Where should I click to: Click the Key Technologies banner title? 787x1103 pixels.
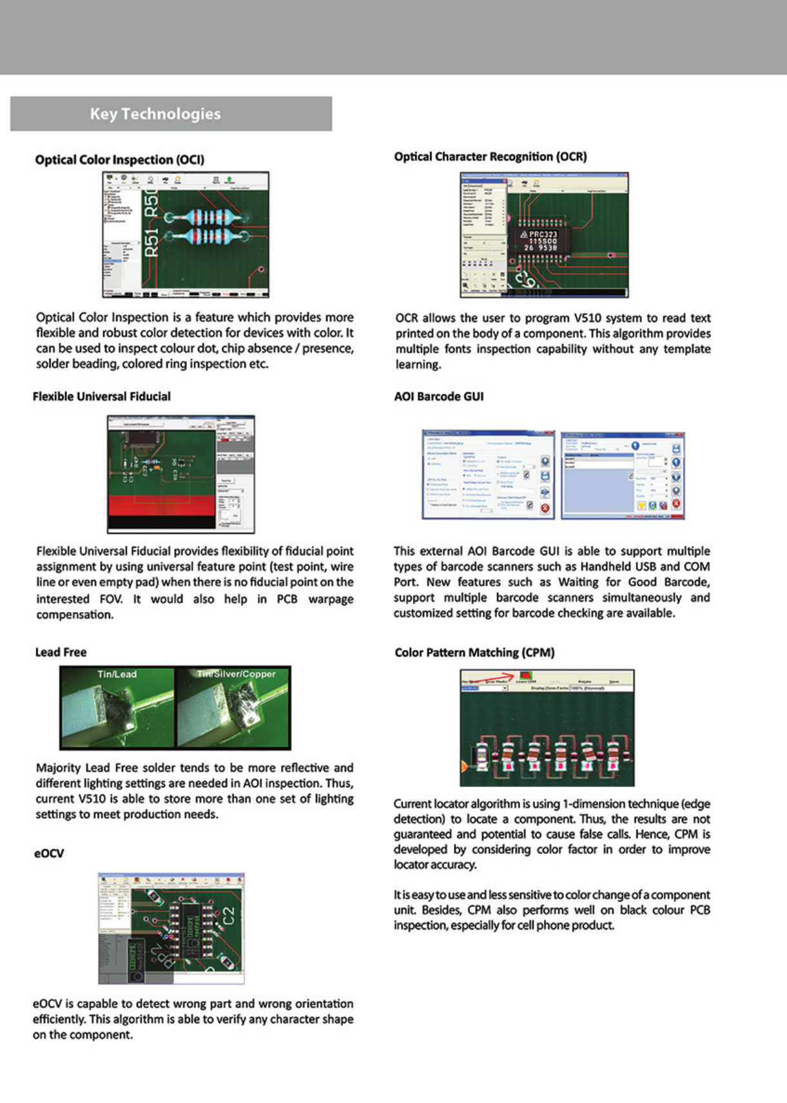pyautogui.click(x=155, y=114)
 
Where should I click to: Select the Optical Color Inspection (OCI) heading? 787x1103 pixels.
pyautogui.click(x=119, y=160)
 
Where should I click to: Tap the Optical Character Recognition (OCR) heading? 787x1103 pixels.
pyautogui.click(x=491, y=157)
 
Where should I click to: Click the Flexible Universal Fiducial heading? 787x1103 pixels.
pyautogui.click(x=102, y=396)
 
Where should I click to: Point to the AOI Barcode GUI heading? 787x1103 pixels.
pyautogui.click(x=439, y=396)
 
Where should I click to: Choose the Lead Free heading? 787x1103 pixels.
pyautogui.click(x=61, y=652)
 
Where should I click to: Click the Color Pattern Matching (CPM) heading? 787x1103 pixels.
pyautogui.click(x=474, y=653)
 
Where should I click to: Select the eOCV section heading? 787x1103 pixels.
pyautogui.click(x=49, y=853)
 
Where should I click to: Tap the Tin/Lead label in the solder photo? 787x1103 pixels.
pyautogui.click(x=117, y=675)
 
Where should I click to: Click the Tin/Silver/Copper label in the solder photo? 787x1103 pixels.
pyautogui.click(x=237, y=674)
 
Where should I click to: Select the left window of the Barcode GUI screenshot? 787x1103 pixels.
pyautogui.click(x=488, y=474)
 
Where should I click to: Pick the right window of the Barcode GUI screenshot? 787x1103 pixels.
pyautogui.click(x=622, y=475)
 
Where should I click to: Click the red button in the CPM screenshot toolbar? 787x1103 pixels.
pyautogui.click(x=526, y=675)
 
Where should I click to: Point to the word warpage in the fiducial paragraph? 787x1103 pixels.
pyautogui.click(x=331, y=599)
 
